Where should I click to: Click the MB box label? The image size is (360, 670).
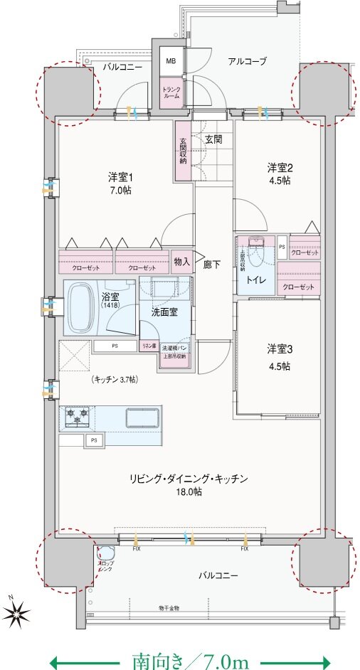[x=171, y=62]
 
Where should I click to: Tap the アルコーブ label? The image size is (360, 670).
[x=247, y=62]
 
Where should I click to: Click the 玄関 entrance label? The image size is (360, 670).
[x=213, y=139]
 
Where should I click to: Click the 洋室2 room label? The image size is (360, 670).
[x=279, y=174]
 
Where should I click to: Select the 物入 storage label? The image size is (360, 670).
[x=182, y=262]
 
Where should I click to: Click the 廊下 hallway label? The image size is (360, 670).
[x=212, y=265]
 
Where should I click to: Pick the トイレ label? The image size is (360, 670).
[x=257, y=280]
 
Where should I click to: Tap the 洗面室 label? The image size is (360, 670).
[x=164, y=311]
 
